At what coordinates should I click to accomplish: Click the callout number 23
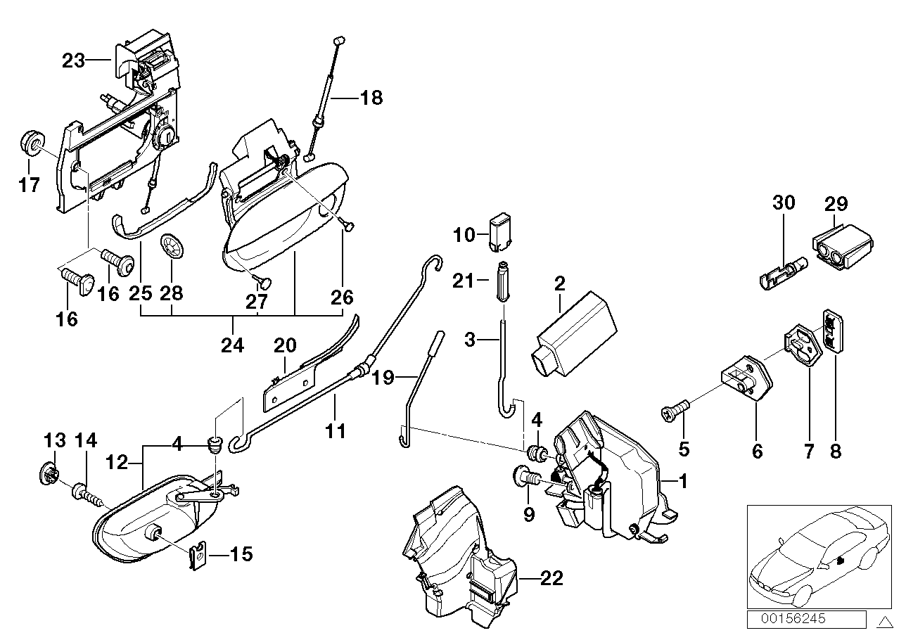click(x=73, y=61)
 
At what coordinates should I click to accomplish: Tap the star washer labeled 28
click(x=172, y=248)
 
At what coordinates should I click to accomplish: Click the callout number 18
click(x=371, y=98)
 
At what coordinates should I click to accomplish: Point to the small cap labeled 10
click(x=498, y=231)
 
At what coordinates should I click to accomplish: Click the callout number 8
click(x=835, y=450)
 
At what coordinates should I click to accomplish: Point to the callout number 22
click(x=553, y=578)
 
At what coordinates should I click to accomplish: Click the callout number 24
click(x=233, y=345)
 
